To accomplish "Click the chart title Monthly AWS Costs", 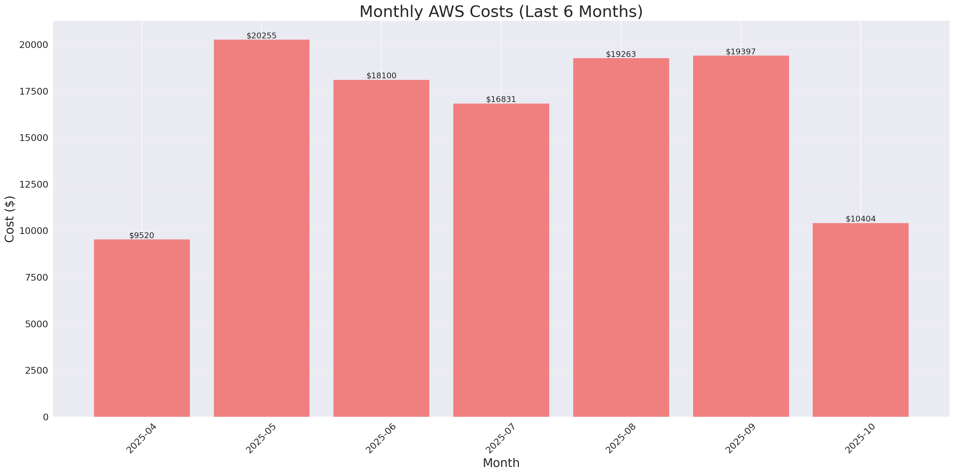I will pos(501,12).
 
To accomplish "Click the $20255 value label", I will pos(262,36).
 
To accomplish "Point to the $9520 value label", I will pos(142,236).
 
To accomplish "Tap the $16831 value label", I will pos(501,100).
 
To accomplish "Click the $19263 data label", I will pos(621,54).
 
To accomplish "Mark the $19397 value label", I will pos(740,52).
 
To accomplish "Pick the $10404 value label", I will pos(860,219).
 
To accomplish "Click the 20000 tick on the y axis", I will pos(34,45).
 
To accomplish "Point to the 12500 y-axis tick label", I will pos(34,184).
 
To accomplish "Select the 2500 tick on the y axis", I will pos(36,370).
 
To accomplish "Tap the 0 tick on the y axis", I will pos(45,417).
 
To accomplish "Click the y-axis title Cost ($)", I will pos(10,219).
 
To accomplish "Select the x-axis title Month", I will pos(501,463).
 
